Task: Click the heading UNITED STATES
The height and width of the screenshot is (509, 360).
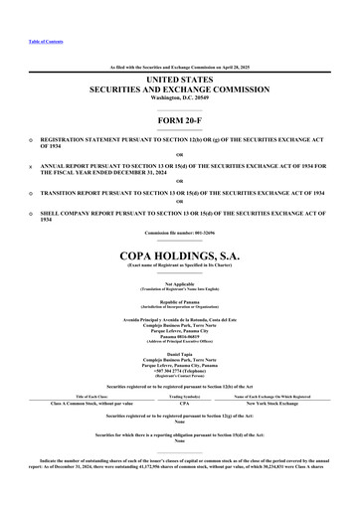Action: pos(180,78)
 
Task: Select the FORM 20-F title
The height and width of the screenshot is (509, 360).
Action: pos(180,121)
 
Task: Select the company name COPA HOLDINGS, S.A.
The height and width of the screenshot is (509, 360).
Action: pos(180,254)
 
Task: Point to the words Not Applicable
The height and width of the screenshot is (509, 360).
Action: pos(180,283)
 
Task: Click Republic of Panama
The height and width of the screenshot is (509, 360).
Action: pos(180,300)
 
